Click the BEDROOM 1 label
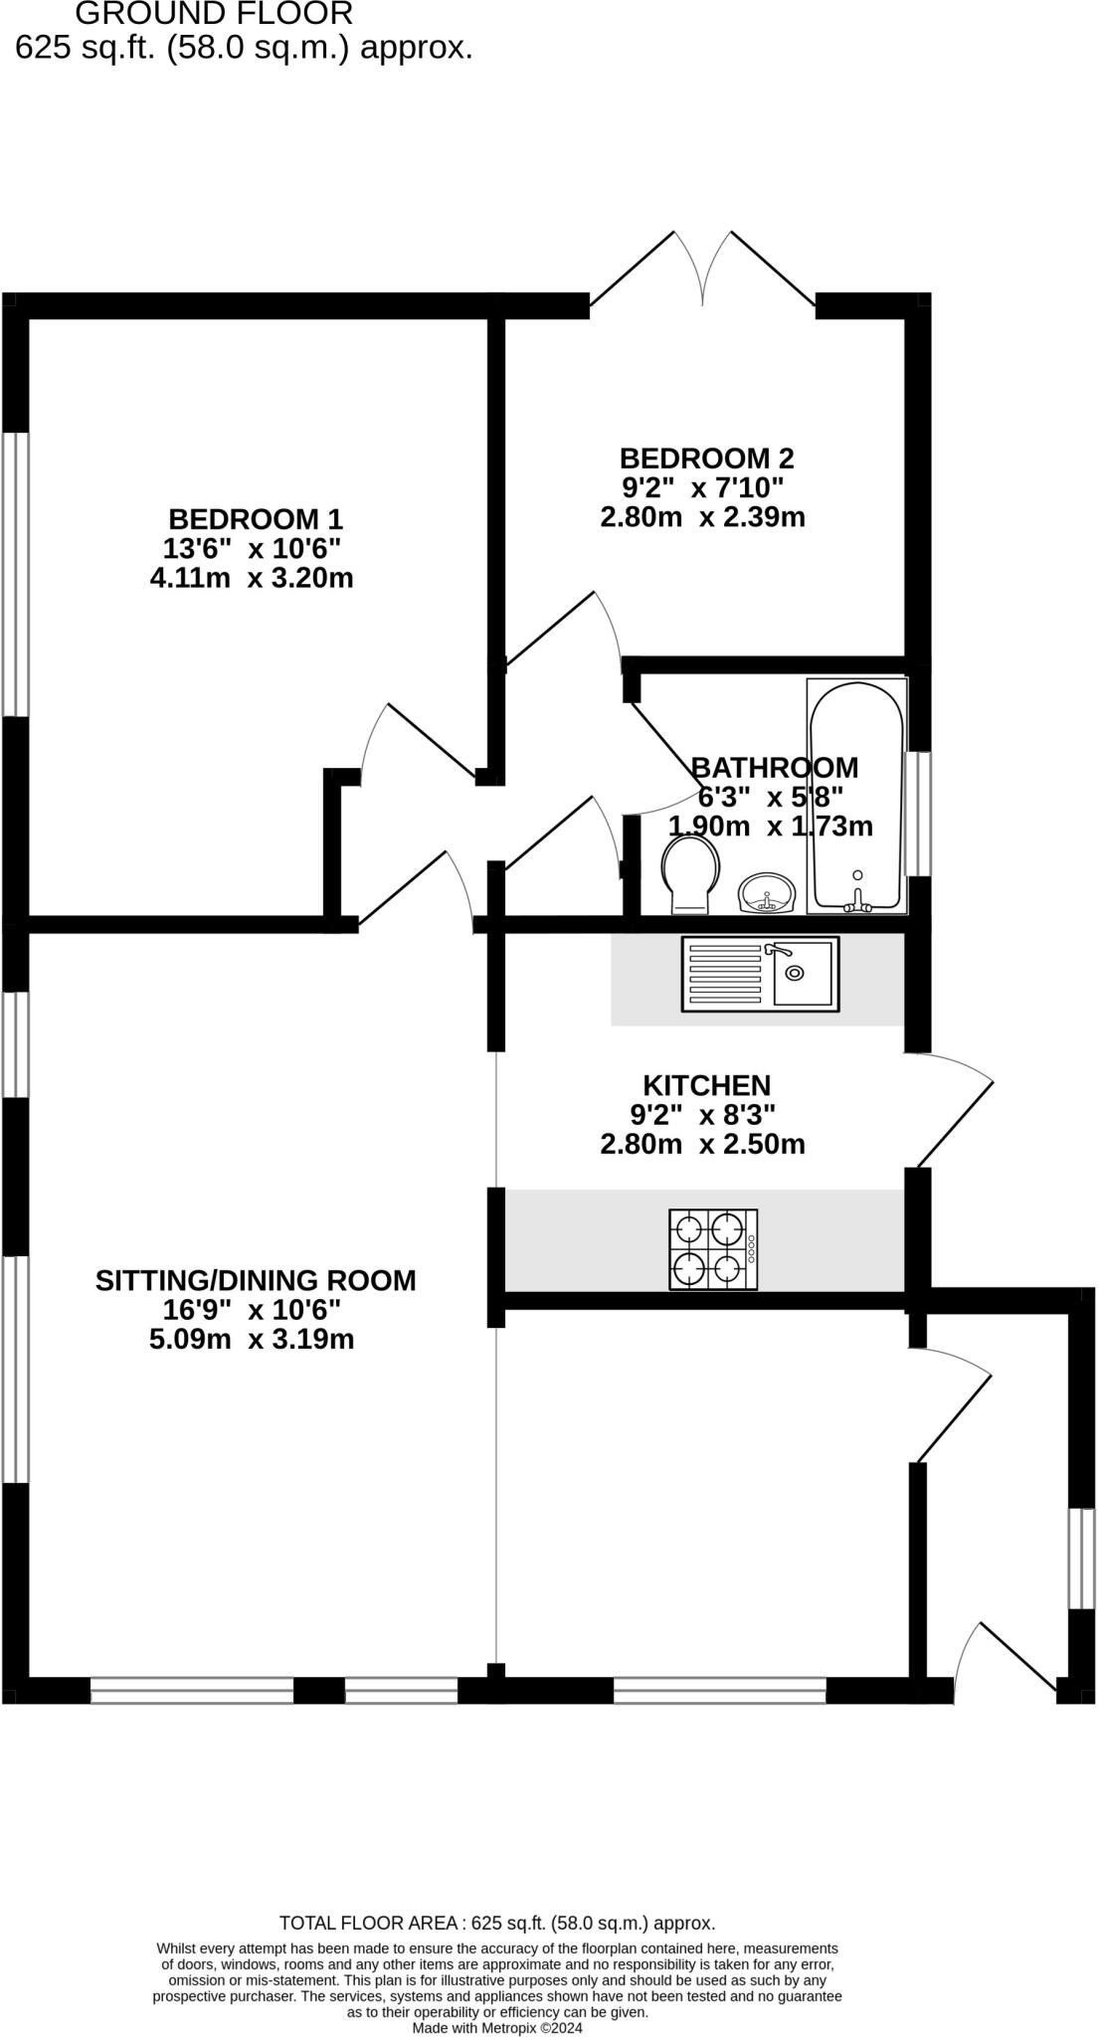(255, 519)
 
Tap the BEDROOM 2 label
(706, 459)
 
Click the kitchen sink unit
(760, 974)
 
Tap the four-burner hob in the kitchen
(712, 1249)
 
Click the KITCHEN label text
(706, 1085)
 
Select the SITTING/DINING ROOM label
(256, 1280)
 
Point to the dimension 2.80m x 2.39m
(702, 517)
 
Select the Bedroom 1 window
(15, 574)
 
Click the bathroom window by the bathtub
(923, 813)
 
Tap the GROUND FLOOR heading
(213, 14)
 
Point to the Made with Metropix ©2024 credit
(497, 2028)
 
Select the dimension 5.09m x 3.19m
(252, 1339)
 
